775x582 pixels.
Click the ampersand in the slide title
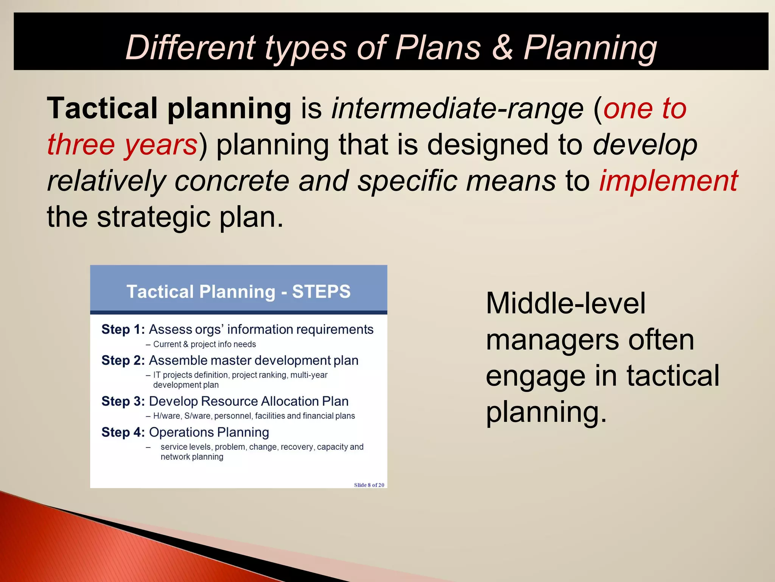pos(502,47)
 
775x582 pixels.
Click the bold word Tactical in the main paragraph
pos(102,108)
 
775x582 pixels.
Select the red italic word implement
pos(668,181)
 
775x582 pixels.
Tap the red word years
pos(161,145)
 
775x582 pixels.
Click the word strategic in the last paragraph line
pos(154,217)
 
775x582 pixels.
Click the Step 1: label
pos(123,330)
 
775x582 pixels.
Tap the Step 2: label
pos(123,360)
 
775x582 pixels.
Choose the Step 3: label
pos(123,401)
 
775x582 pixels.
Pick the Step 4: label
pos(123,432)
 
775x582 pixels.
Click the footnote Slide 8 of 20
pos(369,485)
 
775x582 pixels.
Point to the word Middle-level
pos(565,304)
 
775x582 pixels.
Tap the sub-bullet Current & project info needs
pos(204,344)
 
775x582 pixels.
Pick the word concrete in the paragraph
pos(232,181)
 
